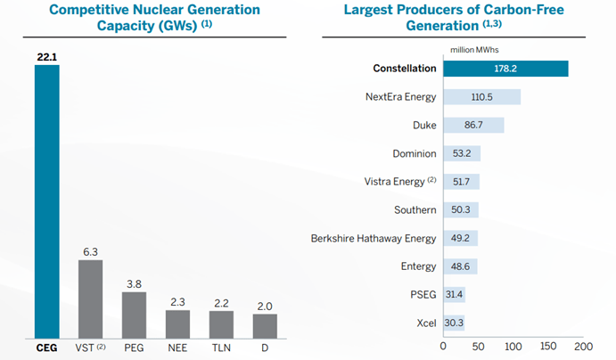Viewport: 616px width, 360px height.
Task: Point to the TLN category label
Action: tap(221, 347)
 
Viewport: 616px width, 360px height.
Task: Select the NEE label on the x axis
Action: tap(177, 347)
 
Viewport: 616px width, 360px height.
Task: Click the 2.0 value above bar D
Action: tap(265, 305)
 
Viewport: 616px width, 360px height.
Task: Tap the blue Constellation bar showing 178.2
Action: tap(505, 69)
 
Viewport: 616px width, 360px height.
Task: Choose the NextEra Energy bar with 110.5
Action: tap(481, 97)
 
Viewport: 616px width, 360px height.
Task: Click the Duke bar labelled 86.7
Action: tap(473, 125)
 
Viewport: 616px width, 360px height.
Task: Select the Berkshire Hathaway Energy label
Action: tap(374, 238)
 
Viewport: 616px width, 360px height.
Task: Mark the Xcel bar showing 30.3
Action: tap(454, 322)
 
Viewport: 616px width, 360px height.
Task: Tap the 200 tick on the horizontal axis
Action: tap(583, 345)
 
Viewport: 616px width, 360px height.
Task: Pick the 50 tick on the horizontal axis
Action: tap(479, 345)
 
